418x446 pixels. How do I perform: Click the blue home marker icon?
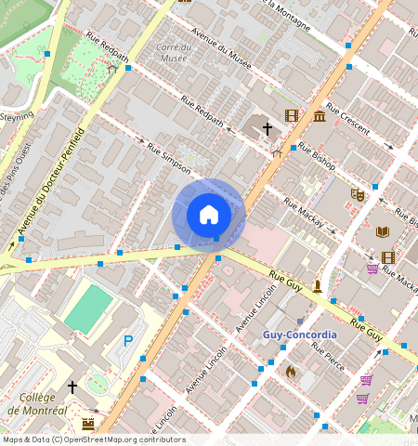[209, 215]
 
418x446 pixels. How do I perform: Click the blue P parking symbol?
[128, 341]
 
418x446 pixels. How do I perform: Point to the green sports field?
[89, 309]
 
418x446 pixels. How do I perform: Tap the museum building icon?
[320, 115]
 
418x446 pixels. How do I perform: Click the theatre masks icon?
[357, 194]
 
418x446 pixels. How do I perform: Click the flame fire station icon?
[290, 371]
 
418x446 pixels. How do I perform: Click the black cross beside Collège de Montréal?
[72, 387]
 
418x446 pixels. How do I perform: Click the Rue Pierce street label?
[329, 357]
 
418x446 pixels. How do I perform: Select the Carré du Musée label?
[173, 52]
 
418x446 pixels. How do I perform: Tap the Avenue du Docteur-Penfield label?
[52, 180]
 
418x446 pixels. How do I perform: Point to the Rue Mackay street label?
[303, 214]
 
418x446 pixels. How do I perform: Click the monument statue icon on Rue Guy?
[317, 285]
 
